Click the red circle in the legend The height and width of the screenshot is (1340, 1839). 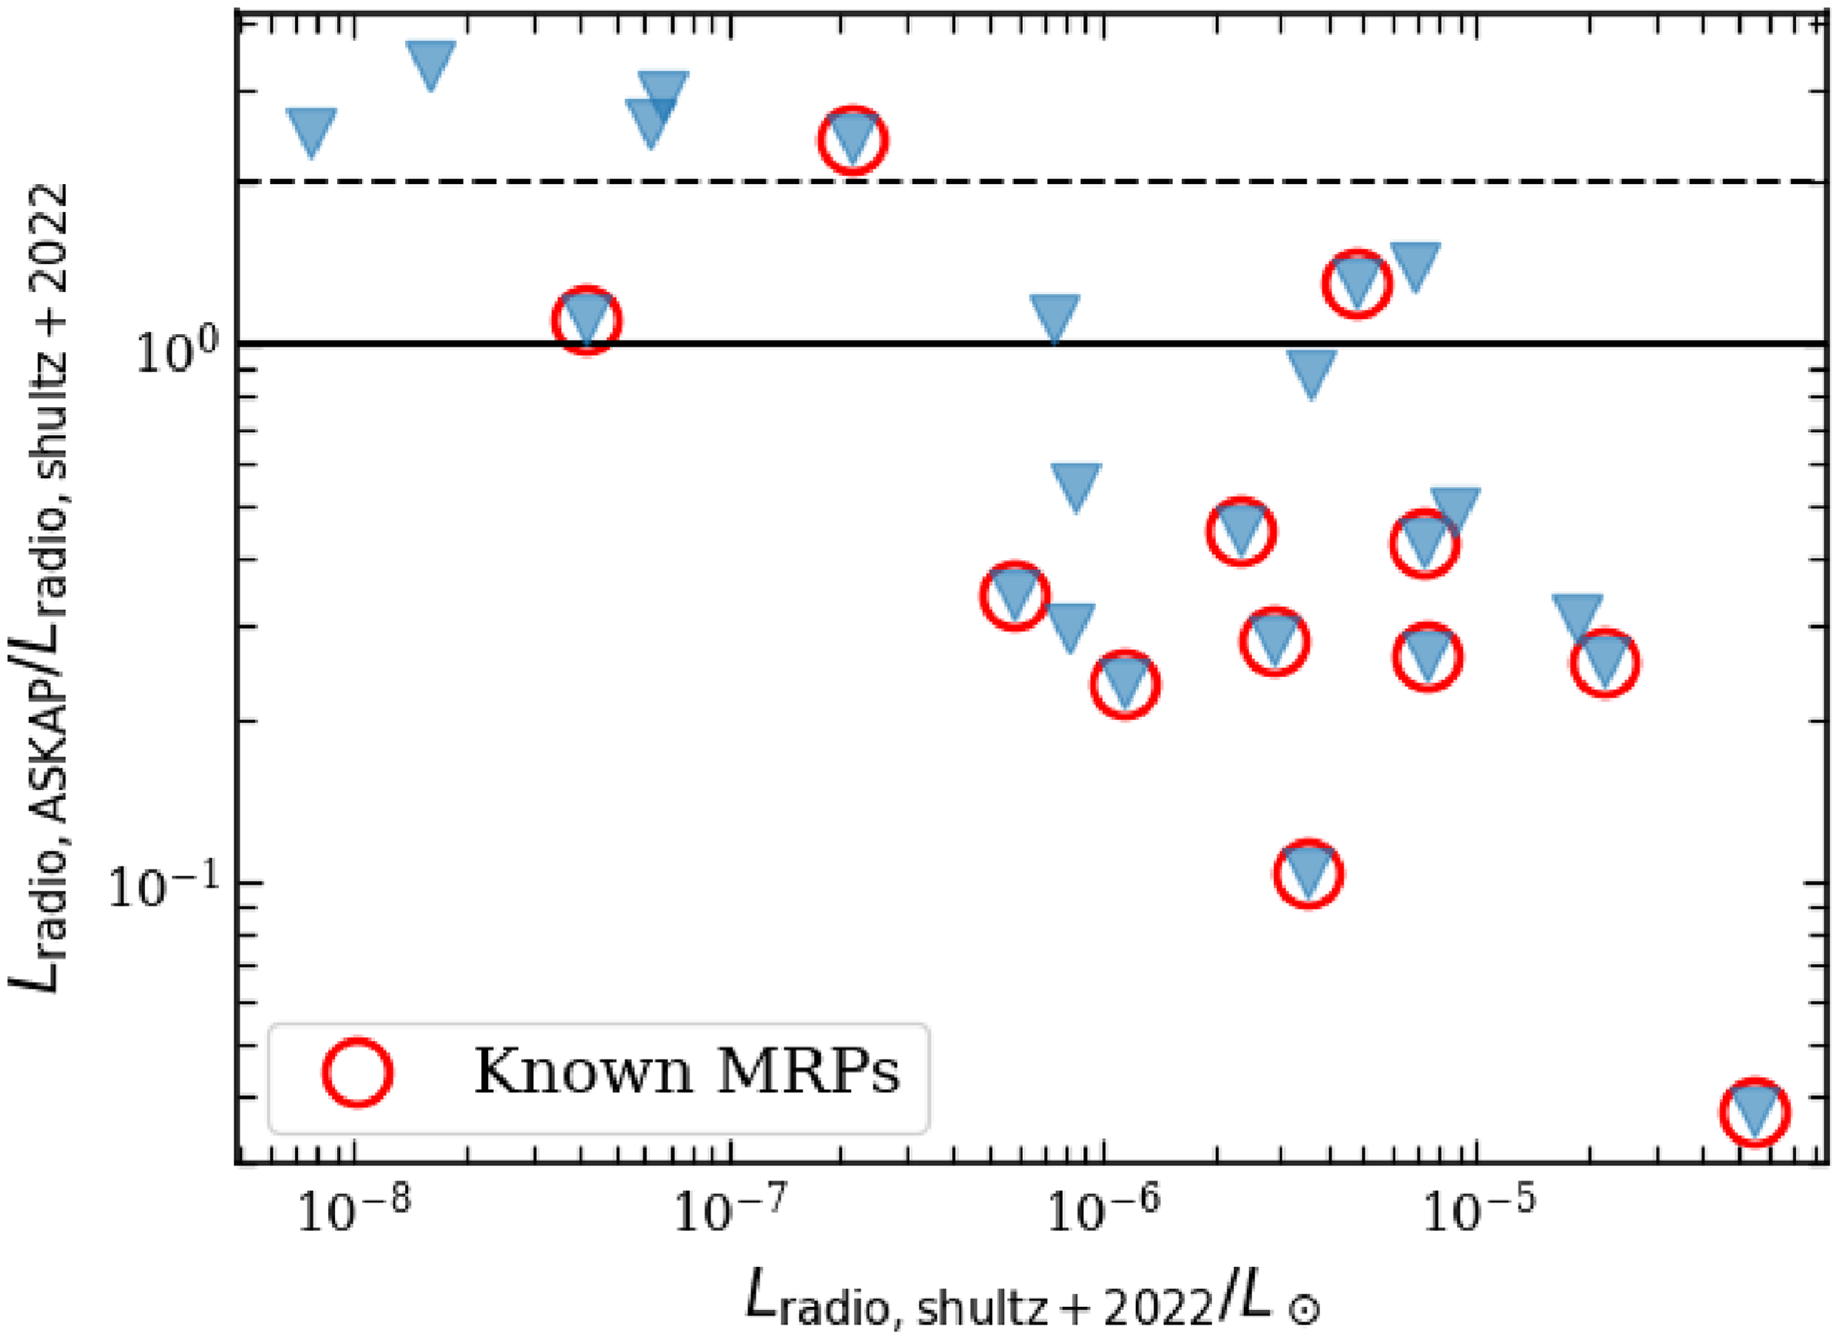358,1072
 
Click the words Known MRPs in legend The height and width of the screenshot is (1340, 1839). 686,1072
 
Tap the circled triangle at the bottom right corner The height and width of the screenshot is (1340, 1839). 1755,1112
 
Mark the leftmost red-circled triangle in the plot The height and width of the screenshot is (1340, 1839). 587,320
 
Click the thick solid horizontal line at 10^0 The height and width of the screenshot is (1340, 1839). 811,344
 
